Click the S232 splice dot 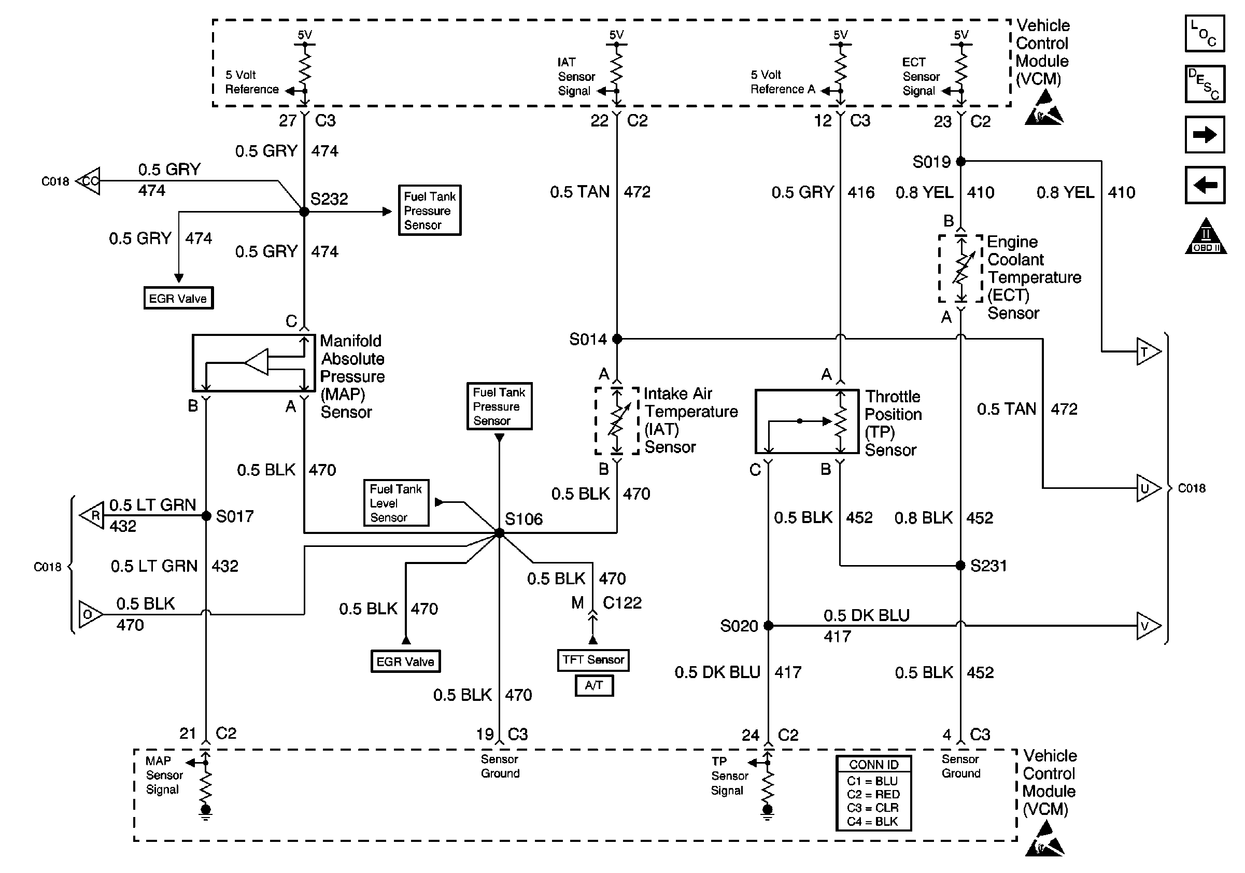(x=304, y=212)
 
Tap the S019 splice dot (x=960, y=161)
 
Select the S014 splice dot (x=616, y=339)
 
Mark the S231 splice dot (x=960, y=566)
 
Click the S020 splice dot (x=768, y=626)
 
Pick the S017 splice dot (x=206, y=516)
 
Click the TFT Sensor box (x=593, y=660)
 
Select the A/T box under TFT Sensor (x=594, y=685)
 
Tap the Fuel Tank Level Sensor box (x=396, y=503)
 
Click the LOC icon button (x=1205, y=34)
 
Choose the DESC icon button (x=1205, y=84)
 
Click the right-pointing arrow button (x=1205, y=134)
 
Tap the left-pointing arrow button (x=1205, y=185)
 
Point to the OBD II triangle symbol (x=1205, y=236)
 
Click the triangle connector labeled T (x=1148, y=352)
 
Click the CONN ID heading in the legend (x=873, y=765)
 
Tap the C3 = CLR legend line (x=872, y=808)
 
